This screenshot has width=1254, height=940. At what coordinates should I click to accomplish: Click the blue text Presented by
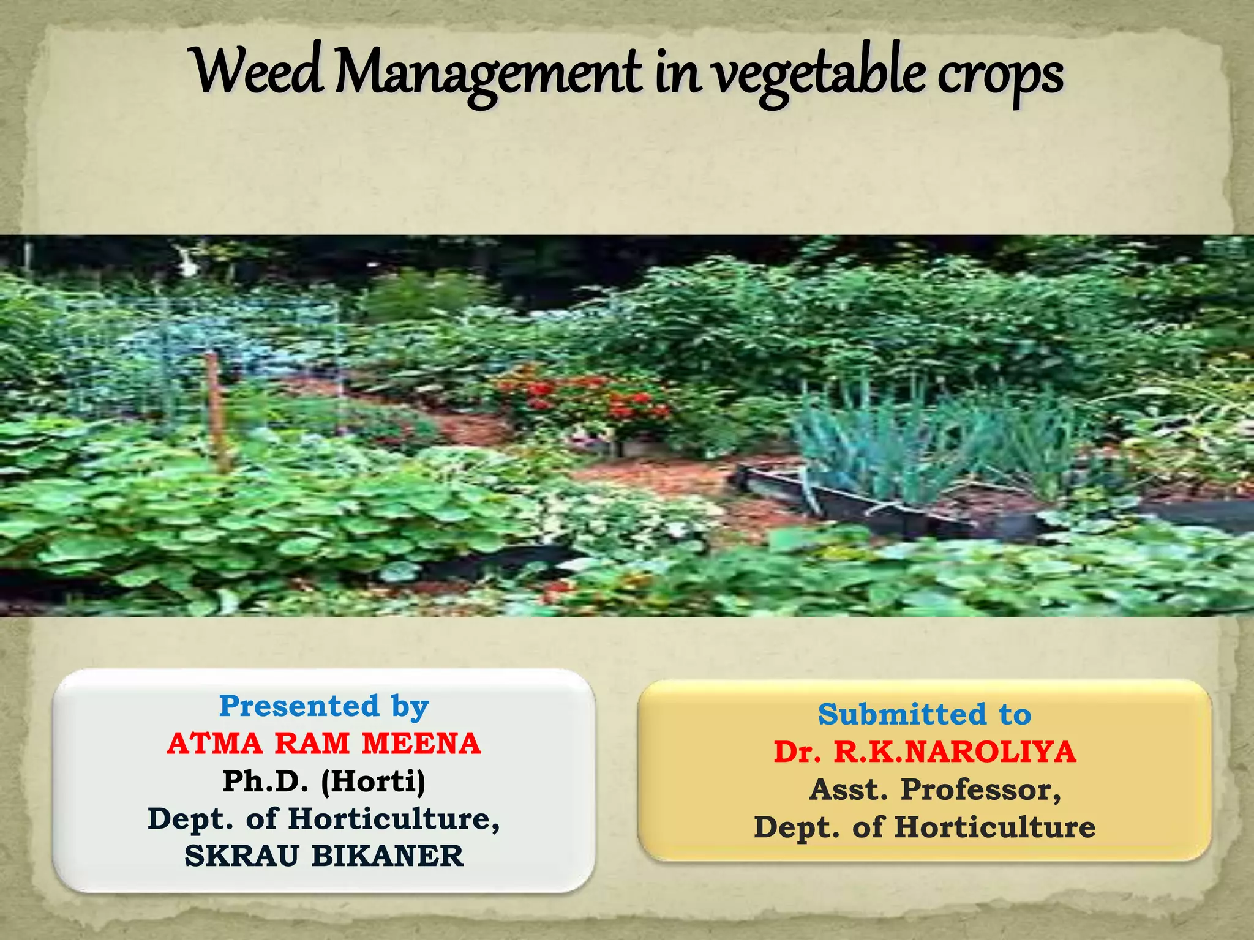[x=324, y=707]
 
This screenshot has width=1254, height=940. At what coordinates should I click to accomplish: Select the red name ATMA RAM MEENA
[x=324, y=744]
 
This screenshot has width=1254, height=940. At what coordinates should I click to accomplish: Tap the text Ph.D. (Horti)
[x=324, y=781]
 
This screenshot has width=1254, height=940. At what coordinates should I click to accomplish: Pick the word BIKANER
[x=388, y=856]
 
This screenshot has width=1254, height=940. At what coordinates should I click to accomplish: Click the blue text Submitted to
[x=925, y=714]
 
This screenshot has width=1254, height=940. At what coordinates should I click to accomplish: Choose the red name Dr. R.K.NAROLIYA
[x=925, y=752]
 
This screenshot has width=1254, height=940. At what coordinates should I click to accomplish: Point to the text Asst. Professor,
[x=935, y=789]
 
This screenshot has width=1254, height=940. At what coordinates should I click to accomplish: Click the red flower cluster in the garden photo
[x=582, y=398]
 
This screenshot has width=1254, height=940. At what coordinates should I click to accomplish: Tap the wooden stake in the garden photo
[x=216, y=410]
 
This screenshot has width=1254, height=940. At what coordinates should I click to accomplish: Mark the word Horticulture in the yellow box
[x=995, y=827]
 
